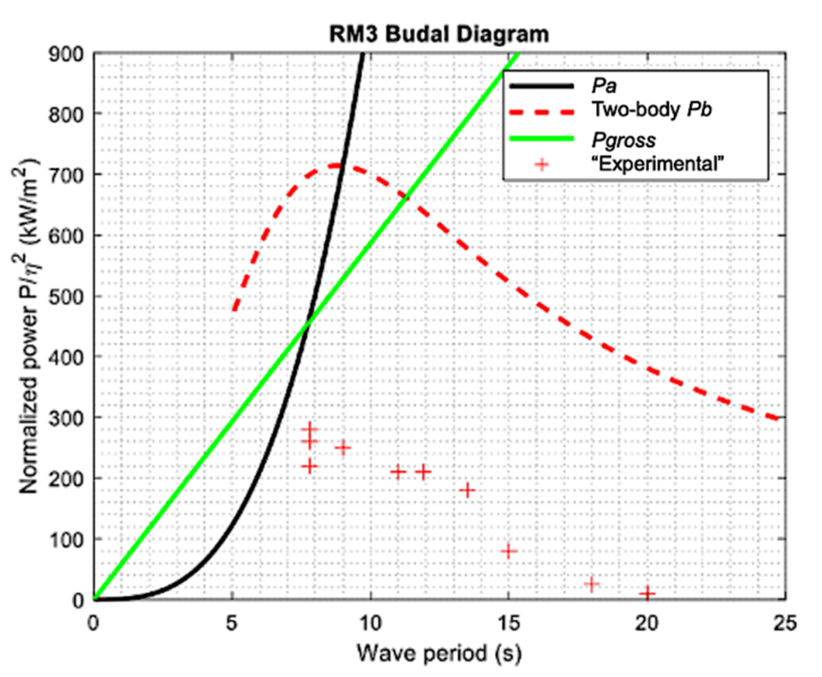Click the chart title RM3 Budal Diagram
pyautogui.click(x=439, y=34)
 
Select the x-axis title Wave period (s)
pyautogui.click(x=439, y=653)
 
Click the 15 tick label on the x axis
pyautogui.click(x=508, y=623)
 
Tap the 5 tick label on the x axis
pyautogui.click(x=232, y=623)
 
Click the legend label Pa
pyautogui.click(x=603, y=86)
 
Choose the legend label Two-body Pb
pyautogui.click(x=651, y=110)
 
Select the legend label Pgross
pyautogui.click(x=623, y=140)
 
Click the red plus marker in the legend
pyautogui.click(x=542, y=165)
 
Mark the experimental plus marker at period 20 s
pyautogui.click(x=647, y=593)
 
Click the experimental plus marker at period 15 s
pyautogui.click(x=508, y=551)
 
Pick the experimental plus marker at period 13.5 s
pyautogui.click(x=468, y=490)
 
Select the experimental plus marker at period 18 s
pyautogui.click(x=591, y=584)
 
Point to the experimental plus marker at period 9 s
pyautogui.click(x=343, y=448)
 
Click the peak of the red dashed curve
pyautogui.click(x=340, y=166)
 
